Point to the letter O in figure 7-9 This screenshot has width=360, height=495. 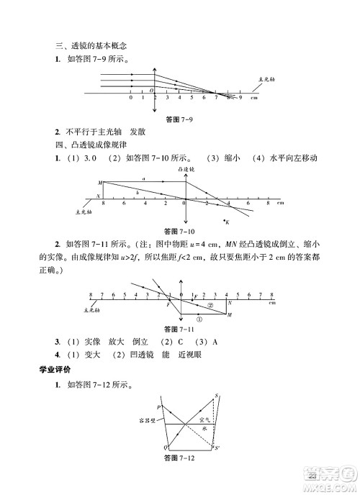[x=151, y=89]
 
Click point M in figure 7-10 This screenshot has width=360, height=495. [x=99, y=183]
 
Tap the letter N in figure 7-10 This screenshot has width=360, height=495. [x=98, y=196]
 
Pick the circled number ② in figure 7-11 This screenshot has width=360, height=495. [x=211, y=304]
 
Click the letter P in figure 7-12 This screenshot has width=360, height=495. [x=159, y=407]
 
